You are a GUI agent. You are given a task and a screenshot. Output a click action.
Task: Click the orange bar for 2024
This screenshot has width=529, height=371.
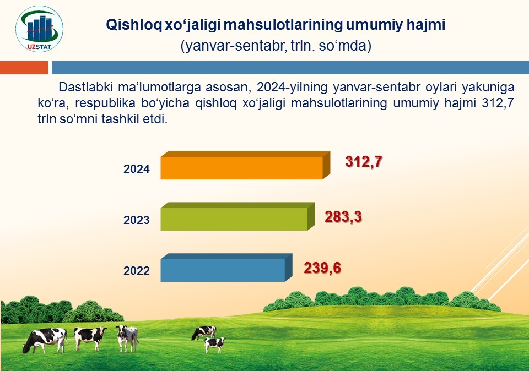click(245, 166)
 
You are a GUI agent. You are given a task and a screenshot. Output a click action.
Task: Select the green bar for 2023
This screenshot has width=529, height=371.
click(237, 217)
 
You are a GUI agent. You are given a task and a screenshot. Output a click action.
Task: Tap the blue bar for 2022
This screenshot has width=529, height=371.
click(226, 268)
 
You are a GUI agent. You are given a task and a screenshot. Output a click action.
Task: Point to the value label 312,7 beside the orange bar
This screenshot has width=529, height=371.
click(363, 162)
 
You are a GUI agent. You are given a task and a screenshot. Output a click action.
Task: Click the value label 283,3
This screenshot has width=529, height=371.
click(343, 217)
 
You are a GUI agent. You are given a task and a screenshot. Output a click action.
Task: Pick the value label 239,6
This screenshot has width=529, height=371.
click(322, 268)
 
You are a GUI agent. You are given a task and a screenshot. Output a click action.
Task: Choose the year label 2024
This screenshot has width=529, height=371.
click(136, 169)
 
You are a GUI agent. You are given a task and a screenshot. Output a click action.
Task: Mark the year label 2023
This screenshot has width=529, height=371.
click(136, 220)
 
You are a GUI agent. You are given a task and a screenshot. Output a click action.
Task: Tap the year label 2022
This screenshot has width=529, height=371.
click(136, 271)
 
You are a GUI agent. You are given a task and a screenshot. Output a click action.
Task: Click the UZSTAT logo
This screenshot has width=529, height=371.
click(40, 29)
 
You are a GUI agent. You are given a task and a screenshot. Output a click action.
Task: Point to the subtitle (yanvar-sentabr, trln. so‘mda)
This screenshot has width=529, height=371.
click(276, 46)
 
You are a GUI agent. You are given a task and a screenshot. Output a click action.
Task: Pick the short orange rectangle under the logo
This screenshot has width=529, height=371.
click(24, 67)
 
